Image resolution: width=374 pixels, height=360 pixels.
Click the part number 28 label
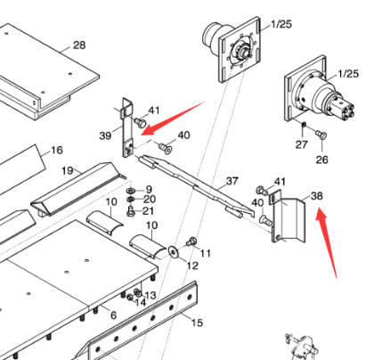point(79,45)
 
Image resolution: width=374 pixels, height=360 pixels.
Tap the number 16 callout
point(56,150)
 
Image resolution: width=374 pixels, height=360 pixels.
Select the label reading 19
point(67,169)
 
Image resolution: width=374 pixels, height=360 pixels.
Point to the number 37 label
point(232,181)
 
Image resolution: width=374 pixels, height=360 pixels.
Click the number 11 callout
point(205,254)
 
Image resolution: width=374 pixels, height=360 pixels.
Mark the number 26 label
point(321,160)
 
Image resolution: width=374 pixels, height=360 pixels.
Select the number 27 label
point(301,143)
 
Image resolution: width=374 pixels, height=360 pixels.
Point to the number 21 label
point(148,211)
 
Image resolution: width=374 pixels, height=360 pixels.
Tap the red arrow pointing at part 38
point(327,241)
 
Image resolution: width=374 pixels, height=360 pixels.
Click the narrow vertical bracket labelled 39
point(126,122)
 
